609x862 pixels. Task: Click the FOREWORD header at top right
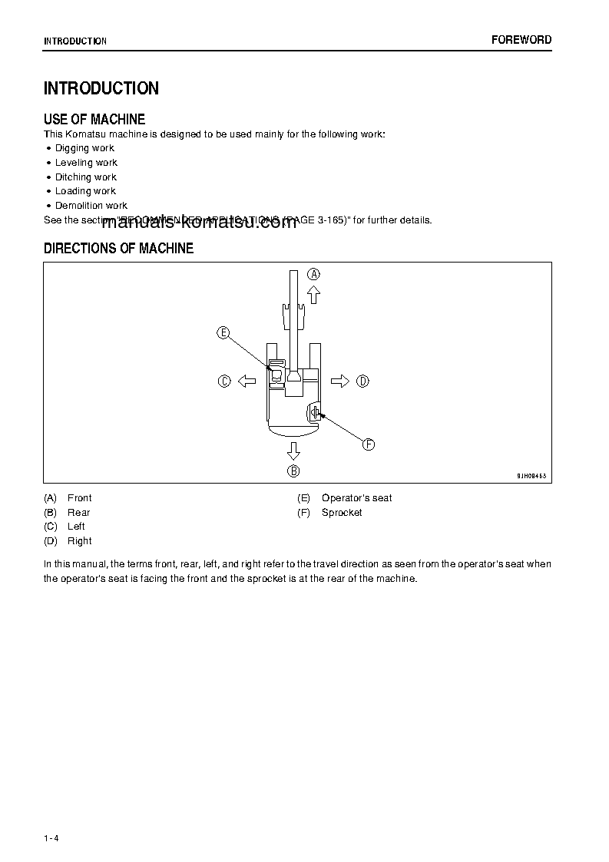(521, 40)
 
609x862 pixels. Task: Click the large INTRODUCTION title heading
(101, 88)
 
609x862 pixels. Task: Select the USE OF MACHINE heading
(94, 119)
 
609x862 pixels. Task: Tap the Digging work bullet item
(84, 148)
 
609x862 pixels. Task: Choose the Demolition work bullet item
(91, 206)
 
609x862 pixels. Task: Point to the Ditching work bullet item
(85, 177)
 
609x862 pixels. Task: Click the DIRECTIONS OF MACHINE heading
(118, 249)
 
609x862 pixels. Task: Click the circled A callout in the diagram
(313, 274)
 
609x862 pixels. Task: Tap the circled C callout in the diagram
(224, 381)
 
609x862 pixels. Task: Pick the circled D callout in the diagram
(363, 381)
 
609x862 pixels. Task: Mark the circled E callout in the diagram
(223, 332)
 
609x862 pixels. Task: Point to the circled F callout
(369, 444)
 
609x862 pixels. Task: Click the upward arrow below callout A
(313, 296)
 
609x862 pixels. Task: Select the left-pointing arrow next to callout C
(247, 381)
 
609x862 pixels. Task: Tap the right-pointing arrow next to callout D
(340, 381)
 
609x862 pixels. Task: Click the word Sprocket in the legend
(342, 513)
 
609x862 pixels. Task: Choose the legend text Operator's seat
(356, 498)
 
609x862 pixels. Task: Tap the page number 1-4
(51, 837)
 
